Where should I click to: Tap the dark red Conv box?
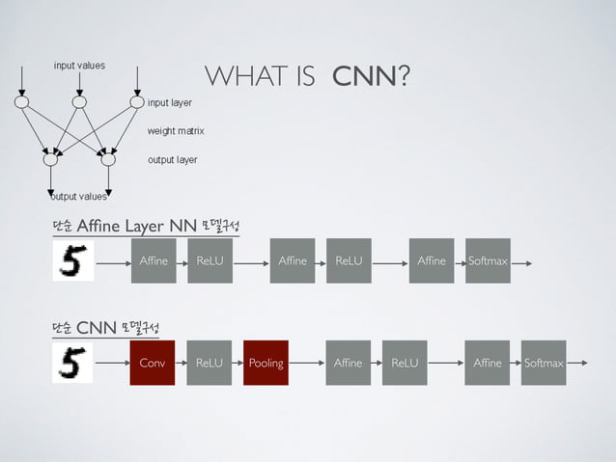153,363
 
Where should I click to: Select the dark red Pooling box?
266,363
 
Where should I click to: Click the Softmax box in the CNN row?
544,363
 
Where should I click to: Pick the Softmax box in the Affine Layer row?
488,260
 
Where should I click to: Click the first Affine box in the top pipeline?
154,260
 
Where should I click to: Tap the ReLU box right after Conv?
209,363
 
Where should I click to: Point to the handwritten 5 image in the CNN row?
73,363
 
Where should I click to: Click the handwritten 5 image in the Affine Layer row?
73,260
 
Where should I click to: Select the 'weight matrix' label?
175,130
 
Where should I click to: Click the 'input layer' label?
169,102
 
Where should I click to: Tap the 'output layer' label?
172,159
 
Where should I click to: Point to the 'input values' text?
79,66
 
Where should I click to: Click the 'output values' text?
79,197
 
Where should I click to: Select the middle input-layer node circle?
80,101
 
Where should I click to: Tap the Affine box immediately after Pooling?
348,363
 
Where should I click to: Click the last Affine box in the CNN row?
488,363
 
